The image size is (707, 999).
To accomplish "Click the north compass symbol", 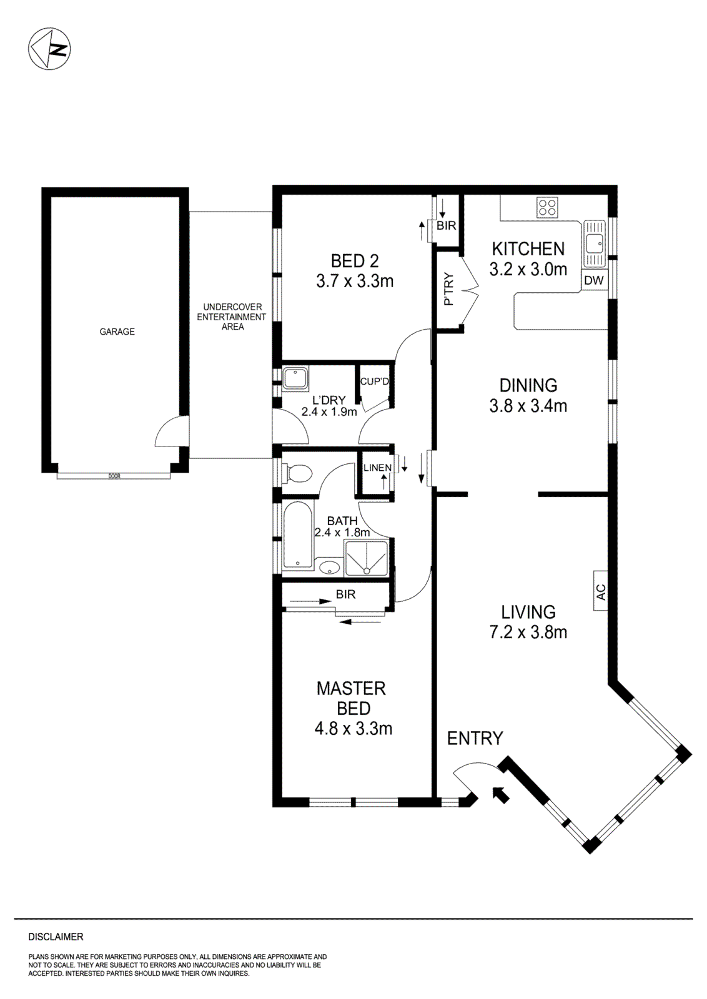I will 49,49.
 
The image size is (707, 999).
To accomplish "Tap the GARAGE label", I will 117,332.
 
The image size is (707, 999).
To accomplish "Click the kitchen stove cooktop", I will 548,207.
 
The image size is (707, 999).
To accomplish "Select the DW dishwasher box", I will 594,280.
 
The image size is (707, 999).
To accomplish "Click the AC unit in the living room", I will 600,591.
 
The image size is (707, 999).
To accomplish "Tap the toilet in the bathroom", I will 297,473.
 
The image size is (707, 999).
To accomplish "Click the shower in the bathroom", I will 366,558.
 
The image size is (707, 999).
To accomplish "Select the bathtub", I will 297,536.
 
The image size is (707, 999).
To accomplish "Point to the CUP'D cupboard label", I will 374,381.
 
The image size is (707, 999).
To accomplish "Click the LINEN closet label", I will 377,467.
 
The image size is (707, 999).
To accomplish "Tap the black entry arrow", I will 500,794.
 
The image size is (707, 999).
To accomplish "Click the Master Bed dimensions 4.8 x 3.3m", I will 353,728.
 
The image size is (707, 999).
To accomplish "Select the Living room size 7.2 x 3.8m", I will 528,632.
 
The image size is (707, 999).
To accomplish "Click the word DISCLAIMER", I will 56,937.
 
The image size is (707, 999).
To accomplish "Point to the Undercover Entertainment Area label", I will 232,317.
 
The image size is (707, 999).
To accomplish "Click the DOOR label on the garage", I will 114,476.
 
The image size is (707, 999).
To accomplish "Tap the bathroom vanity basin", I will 329,568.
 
